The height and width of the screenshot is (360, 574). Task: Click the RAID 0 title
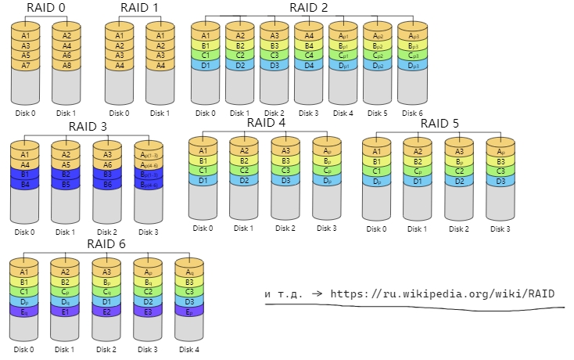(x=45, y=9)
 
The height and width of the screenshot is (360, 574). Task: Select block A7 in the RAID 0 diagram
(x=26, y=67)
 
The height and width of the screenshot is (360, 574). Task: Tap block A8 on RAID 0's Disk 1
(x=66, y=67)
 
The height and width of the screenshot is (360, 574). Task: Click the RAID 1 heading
(x=139, y=9)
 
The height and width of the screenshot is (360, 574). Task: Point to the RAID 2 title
(x=308, y=9)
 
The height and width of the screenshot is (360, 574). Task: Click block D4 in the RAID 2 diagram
(x=308, y=66)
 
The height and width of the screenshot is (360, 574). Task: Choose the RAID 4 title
(x=266, y=123)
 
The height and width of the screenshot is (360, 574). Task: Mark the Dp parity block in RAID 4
(x=328, y=181)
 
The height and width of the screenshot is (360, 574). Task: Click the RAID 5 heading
(x=440, y=123)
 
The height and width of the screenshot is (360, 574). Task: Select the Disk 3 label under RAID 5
(x=500, y=229)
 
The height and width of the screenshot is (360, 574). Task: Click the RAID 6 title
(x=107, y=244)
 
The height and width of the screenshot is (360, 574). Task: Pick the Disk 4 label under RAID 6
(x=188, y=349)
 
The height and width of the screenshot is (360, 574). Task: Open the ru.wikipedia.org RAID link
(x=442, y=294)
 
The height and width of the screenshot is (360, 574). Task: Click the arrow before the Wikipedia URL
(x=317, y=294)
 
